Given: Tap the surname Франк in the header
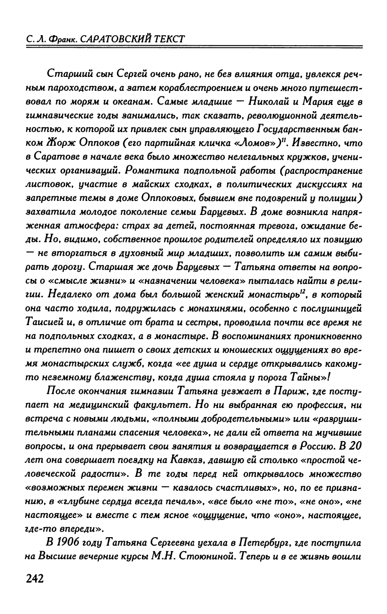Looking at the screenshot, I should (55, 39).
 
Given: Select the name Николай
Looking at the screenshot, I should (260, 100).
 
